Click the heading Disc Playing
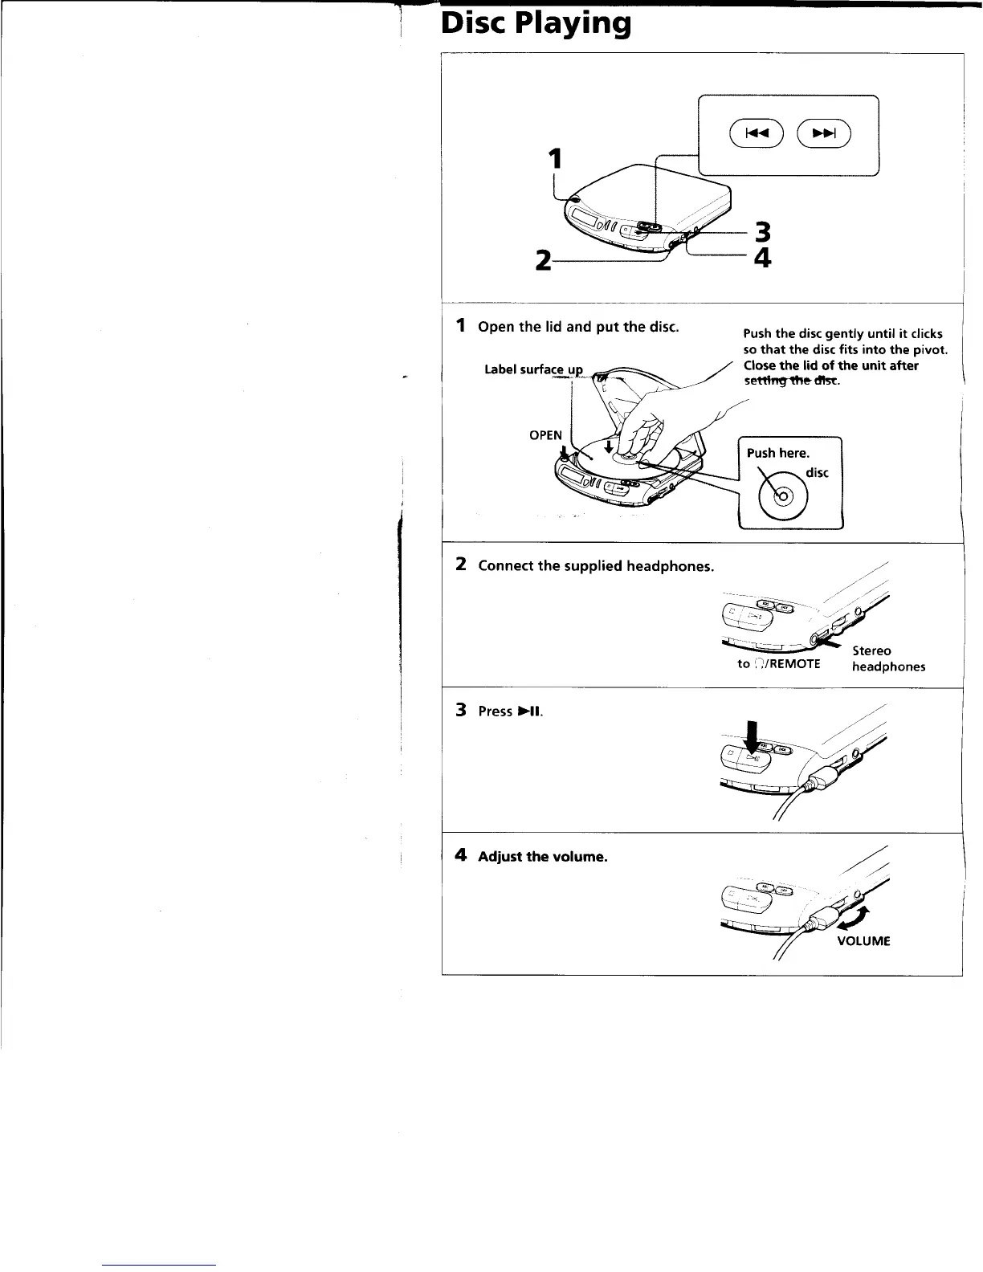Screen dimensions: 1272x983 [536, 24]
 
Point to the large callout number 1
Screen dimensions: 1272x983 [553, 158]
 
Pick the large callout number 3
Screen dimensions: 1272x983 [762, 233]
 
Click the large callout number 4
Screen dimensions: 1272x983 [762, 259]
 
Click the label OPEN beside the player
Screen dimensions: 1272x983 [545, 435]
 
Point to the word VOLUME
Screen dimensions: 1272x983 [863, 941]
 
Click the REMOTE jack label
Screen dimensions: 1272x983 [778, 664]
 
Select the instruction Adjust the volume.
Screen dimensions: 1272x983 [542, 857]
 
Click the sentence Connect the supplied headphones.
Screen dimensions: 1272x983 [595, 566]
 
